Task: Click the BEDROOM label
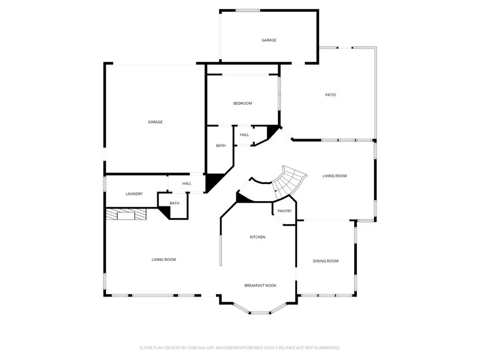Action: (242, 103)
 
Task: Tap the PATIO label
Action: (331, 95)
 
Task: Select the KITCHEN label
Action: (258, 237)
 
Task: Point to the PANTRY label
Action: (284, 211)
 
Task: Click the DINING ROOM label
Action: (325, 261)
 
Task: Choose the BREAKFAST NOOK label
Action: (260, 286)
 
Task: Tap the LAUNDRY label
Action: (134, 194)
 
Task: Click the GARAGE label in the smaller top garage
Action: (269, 40)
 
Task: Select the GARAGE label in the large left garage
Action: (155, 122)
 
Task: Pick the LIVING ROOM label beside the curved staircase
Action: (334, 176)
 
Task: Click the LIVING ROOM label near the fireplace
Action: (164, 260)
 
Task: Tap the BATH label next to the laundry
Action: (174, 203)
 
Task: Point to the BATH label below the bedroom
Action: (220, 146)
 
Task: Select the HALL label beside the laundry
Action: (187, 183)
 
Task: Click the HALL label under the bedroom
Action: (244, 135)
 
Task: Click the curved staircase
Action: (291, 181)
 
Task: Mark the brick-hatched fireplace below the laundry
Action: (126, 214)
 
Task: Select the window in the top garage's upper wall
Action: (248, 10)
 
